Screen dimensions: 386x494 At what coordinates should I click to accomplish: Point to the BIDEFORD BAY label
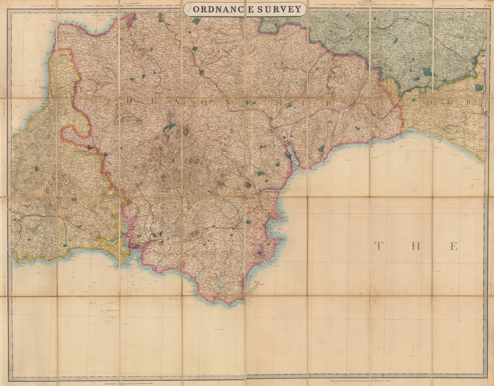tap(102, 17)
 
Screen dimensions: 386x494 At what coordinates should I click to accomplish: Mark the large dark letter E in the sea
tap(454, 246)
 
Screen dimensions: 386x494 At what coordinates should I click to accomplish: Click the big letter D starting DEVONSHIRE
tap(130, 100)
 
